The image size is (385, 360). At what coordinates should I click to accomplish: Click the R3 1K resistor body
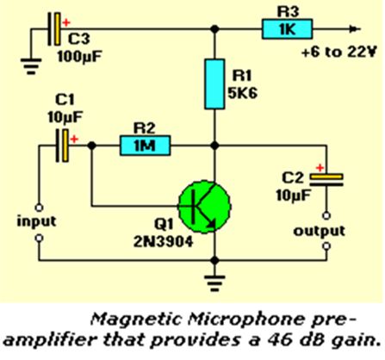coord(287,28)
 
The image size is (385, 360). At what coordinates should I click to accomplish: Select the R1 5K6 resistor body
coord(214,84)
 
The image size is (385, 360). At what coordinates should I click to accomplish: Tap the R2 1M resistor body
coord(145,146)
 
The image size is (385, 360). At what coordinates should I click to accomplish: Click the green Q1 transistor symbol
coord(204,207)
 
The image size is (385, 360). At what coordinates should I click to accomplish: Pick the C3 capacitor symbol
coord(54,28)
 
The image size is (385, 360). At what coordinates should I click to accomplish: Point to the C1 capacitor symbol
coord(62,146)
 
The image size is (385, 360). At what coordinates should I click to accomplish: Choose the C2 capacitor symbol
coord(326,179)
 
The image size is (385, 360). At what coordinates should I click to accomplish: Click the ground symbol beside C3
coord(31,66)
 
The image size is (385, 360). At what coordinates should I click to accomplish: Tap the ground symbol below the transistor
coord(214,283)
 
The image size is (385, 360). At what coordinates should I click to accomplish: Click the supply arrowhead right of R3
coord(355,28)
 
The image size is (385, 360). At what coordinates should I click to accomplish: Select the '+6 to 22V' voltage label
coord(338,53)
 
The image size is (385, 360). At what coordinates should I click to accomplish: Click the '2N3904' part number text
coord(163,242)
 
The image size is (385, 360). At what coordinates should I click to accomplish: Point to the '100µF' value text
coord(79,57)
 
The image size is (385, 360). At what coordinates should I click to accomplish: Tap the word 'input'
coord(36,222)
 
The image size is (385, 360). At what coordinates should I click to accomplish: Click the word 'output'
coord(319,231)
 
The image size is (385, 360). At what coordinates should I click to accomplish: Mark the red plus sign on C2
coord(320,167)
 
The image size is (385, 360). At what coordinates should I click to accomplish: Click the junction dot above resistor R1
coord(214,28)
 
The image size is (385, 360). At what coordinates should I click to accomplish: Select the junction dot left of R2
coord(91,146)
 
